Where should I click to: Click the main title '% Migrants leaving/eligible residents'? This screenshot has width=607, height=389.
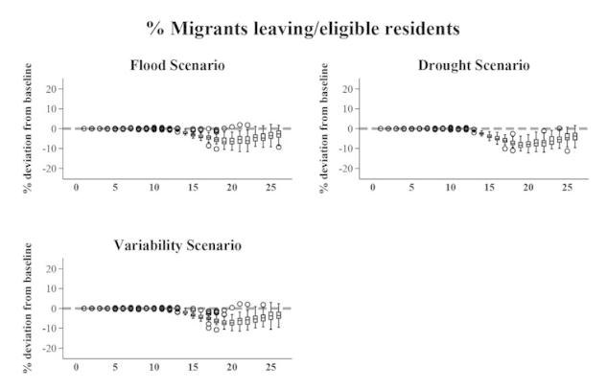[x=303, y=28]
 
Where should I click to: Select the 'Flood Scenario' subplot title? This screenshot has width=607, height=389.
[x=177, y=65]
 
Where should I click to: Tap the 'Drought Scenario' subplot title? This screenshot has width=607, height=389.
[x=474, y=65]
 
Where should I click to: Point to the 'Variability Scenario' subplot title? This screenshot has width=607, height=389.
[x=177, y=245]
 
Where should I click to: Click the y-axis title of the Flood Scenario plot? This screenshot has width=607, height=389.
[x=28, y=128]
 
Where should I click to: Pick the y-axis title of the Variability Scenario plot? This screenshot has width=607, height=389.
[x=28, y=309]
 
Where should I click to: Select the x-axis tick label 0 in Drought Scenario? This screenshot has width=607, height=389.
[x=373, y=186]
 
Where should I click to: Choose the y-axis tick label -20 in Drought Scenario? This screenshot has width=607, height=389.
[x=349, y=169]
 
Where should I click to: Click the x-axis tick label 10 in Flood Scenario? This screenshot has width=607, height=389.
[x=153, y=186]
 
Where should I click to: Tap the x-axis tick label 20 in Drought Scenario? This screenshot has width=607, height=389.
[x=527, y=186]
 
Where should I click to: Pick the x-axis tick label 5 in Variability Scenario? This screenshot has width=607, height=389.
[x=115, y=366]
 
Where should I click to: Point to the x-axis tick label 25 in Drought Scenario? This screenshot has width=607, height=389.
[x=567, y=186]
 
